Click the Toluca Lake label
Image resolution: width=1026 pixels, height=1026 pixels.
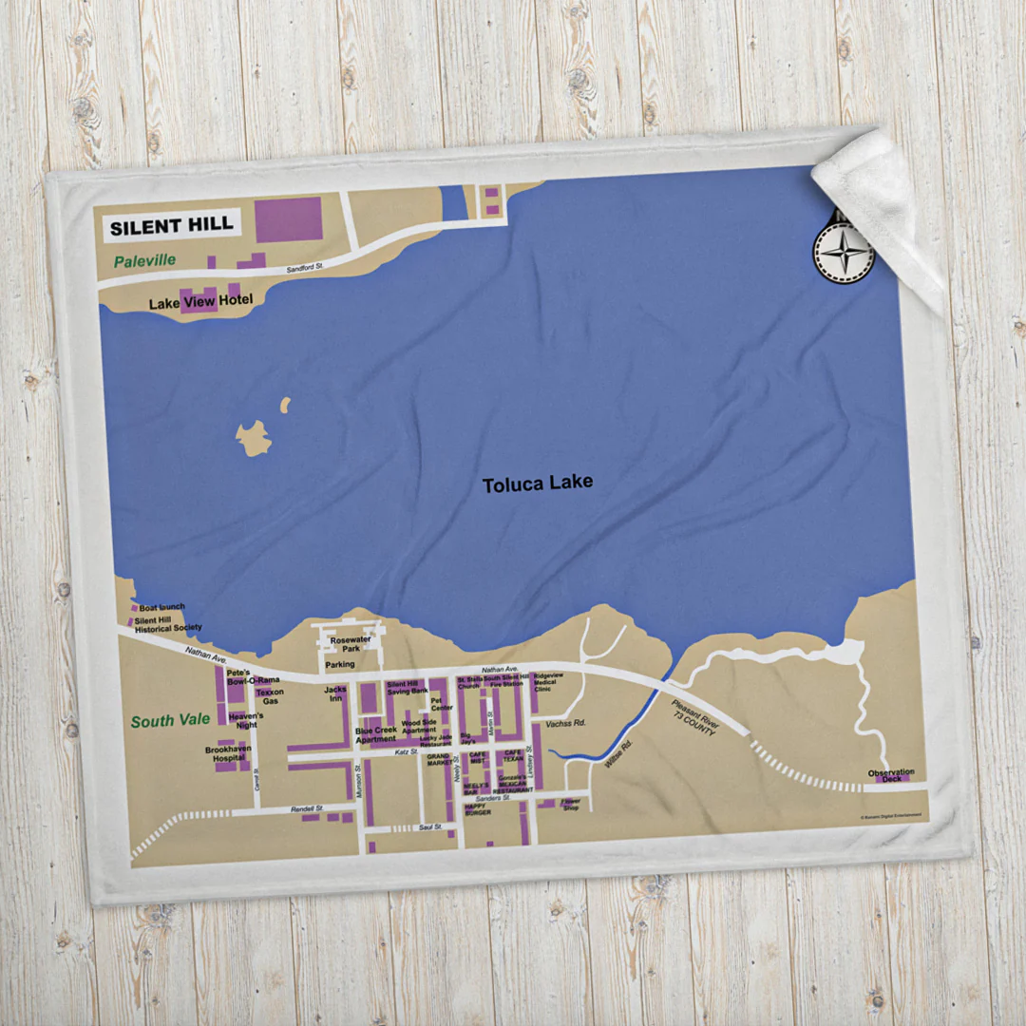(x=538, y=484)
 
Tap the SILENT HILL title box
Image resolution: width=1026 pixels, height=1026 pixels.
(x=171, y=226)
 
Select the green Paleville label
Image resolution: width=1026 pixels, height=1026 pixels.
(x=145, y=260)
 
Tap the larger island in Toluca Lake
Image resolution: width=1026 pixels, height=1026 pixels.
(x=254, y=439)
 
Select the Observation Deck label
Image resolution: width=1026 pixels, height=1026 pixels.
(x=891, y=775)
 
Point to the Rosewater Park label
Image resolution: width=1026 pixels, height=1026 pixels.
(x=350, y=645)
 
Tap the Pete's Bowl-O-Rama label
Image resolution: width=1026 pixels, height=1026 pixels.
(x=253, y=676)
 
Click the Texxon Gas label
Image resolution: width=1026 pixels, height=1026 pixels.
(x=270, y=696)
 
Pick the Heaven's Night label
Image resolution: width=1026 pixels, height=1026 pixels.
(x=246, y=720)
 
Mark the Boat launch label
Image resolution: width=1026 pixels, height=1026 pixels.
(x=161, y=607)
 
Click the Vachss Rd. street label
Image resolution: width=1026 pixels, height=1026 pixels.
(x=566, y=724)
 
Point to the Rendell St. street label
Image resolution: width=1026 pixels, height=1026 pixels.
(x=307, y=808)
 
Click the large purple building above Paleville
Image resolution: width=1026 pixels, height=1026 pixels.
(x=289, y=219)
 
